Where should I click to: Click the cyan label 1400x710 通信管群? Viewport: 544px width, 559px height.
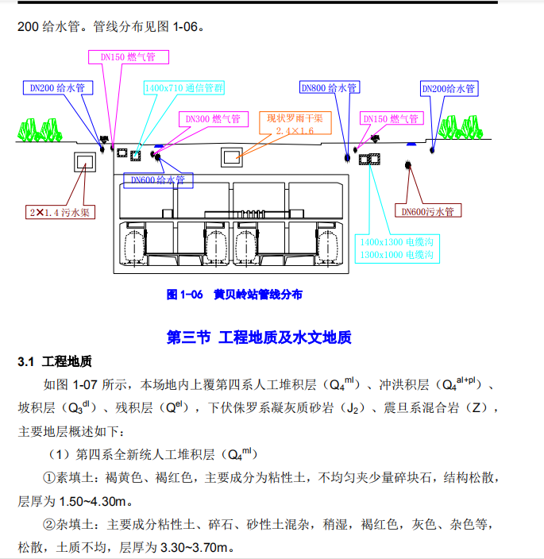[x=183, y=86]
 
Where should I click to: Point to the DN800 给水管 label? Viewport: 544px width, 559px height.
[x=328, y=88]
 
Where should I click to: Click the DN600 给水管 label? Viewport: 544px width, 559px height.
[x=157, y=180]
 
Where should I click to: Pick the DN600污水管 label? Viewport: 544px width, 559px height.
[x=426, y=211]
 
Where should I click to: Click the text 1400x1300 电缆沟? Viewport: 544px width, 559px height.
[x=396, y=241]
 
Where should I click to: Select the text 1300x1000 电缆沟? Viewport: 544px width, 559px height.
[x=396, y=255]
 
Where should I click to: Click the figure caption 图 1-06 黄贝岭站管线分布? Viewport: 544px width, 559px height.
[x=234, y=295]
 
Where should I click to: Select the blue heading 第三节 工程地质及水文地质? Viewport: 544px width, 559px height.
[x=259, y=337]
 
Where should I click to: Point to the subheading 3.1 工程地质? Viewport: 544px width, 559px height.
[x=55, y=362]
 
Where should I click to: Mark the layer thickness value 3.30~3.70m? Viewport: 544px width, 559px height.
[x=195, y=548]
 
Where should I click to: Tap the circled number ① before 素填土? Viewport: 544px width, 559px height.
[x=47, y=479]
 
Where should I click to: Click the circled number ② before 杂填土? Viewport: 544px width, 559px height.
[x=47, y=525]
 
